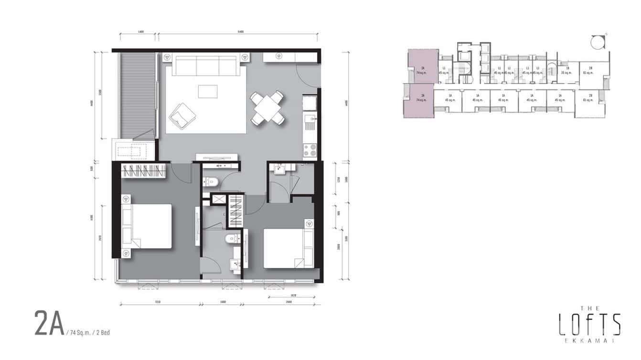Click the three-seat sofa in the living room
click(x=205, y=65)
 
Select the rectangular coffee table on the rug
click(x=207, y=91)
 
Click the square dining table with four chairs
click(x=268, y=108)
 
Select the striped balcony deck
click(x=139, y=95)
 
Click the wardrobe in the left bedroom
click(x=143, y=171)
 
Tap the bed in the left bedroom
click(x=147, y=226)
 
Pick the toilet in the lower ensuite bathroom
click(x=233, y=239)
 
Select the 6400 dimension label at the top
click(x=240, y=32)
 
